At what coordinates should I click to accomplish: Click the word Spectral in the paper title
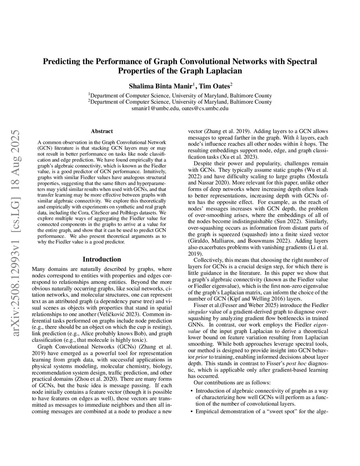[301, 62]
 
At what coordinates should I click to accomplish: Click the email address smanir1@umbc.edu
[156, 108]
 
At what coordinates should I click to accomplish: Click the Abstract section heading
[102, 131]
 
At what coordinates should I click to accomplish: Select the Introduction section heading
[102, 259]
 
